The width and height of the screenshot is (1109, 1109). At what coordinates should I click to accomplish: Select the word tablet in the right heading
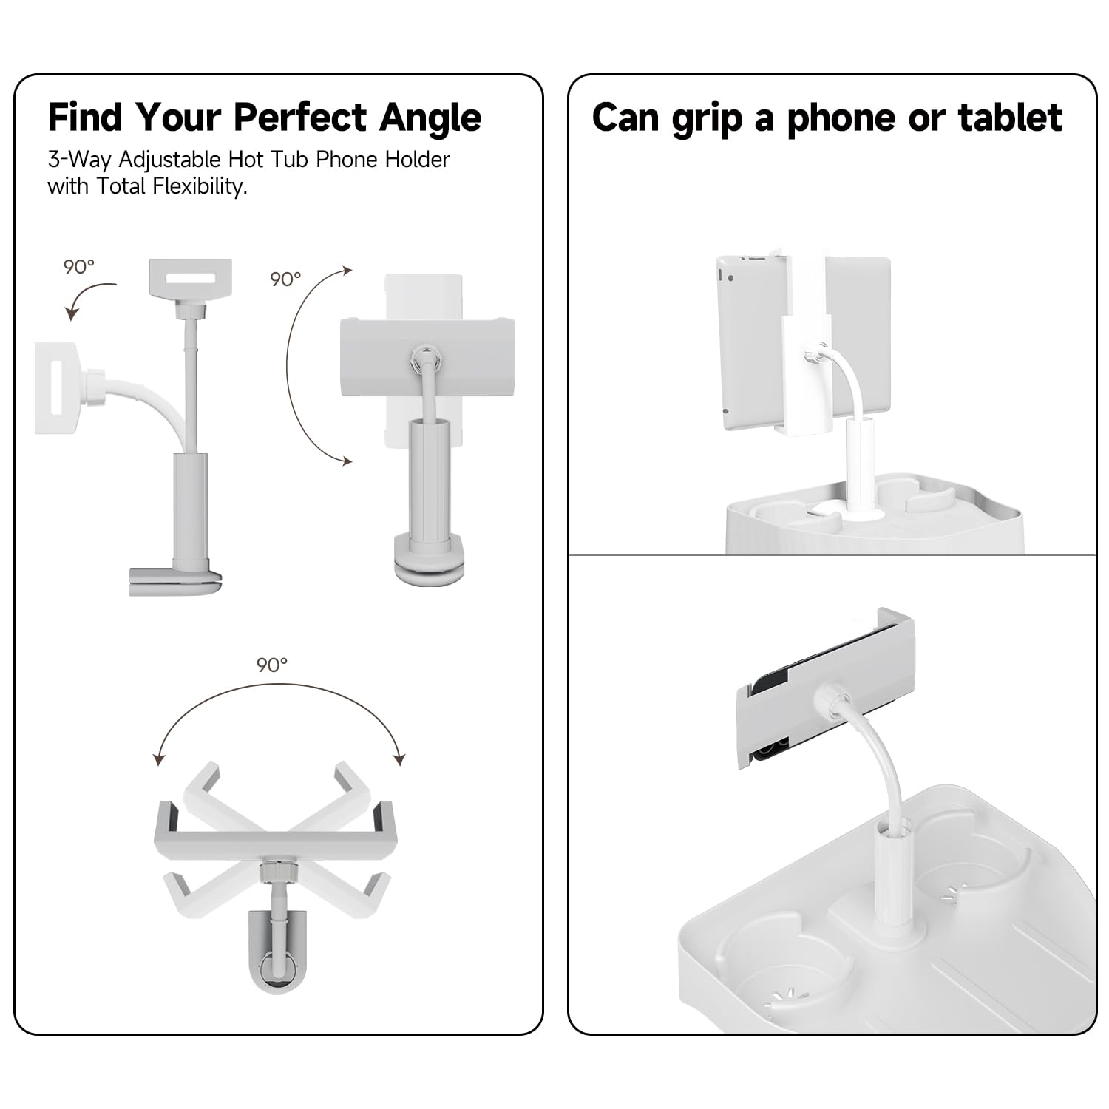tap(1010, 117)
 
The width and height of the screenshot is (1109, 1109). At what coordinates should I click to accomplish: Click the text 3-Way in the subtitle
tap(79, 160)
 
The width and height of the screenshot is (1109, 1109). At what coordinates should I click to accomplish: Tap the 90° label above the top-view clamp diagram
tap(272, 665)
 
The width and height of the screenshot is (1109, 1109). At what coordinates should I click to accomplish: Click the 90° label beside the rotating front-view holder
tap(285, 279)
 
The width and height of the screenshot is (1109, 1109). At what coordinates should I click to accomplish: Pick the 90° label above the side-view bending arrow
tap(79, 266)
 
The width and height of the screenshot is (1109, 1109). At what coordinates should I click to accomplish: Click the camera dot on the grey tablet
tap(730, 279)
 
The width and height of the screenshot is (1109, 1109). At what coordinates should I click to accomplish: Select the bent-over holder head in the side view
tap(56, 387)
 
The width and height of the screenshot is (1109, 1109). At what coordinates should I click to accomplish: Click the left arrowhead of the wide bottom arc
tap(157, 759)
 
